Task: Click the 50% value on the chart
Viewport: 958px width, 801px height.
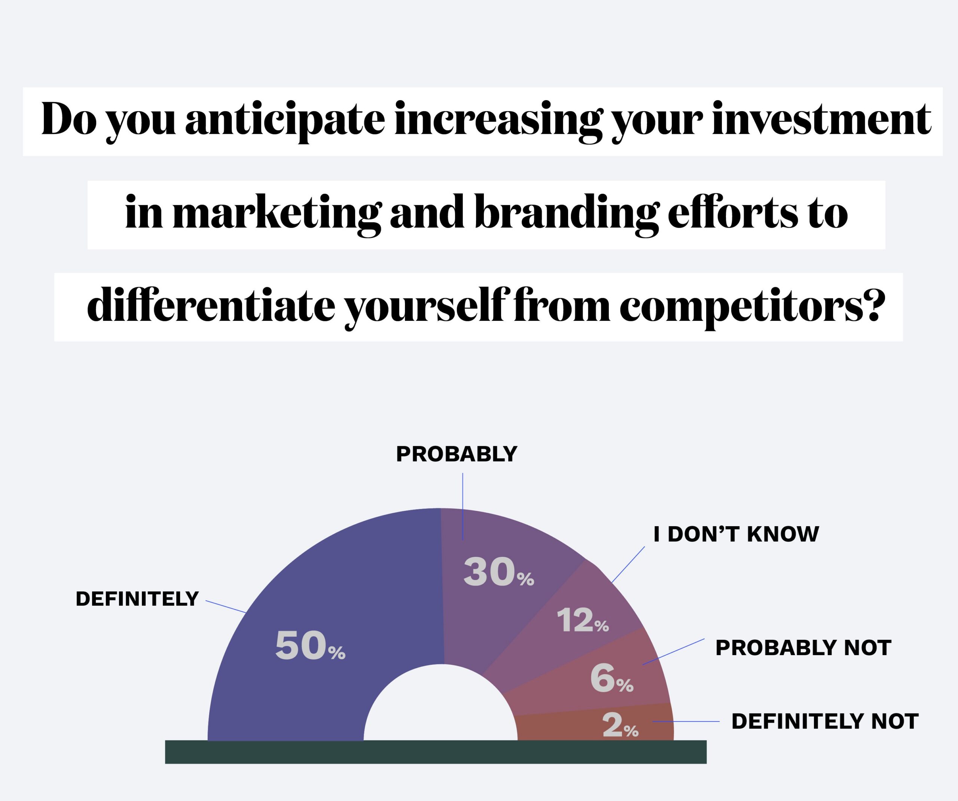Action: pyautogui.click(x=310, y=645)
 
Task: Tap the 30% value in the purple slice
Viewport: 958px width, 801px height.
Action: pyautogui.click(x=498, y=572)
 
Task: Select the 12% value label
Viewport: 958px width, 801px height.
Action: pyautogui.click(x=583, y=620)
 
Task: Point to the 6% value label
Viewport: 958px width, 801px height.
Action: pyautogui.click(x=612, y=678)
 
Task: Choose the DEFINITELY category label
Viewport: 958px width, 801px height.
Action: pyautogui.click(x=137, y=599)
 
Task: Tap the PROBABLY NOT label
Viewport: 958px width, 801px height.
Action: pyautogui.click(x=803, y=648)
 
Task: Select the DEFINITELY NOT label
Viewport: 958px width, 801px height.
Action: pyautogui.click(x=825, y=722)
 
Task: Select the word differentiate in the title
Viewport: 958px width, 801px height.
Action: pyautogui.click(x=211, y=304)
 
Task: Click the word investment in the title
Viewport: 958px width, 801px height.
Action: pyautogui.click(x=821, y=119)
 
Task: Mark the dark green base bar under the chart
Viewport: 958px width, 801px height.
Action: pyautogui.click(x=436, y=752)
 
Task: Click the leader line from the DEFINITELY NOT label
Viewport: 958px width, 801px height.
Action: pyautogui.click(x=686, y=722)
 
